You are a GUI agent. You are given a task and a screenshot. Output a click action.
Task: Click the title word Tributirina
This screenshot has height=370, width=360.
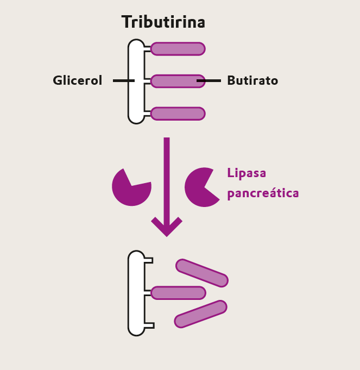[163, 22]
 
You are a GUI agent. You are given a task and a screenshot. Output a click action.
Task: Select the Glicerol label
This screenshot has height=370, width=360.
[77, 80]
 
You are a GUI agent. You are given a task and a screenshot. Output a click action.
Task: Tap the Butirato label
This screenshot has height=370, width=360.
[252, 80]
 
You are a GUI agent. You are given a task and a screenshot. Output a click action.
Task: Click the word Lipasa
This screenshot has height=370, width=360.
[247, 173]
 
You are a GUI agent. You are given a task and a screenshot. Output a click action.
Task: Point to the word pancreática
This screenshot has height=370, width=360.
[263, 193]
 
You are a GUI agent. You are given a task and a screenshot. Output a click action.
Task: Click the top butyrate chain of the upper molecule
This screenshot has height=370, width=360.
[178, 49]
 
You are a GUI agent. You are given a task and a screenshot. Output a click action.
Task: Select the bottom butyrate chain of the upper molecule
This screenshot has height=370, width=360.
[178, 114]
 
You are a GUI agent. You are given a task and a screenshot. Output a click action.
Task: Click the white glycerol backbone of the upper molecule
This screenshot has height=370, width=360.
[136, 81]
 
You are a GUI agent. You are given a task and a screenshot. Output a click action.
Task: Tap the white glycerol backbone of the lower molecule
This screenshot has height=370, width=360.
[136, 293]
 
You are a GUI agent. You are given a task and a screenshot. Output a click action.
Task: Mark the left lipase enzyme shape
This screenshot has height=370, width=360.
[130, 188]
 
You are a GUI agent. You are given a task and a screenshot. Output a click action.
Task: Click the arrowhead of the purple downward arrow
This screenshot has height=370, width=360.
[167, 227]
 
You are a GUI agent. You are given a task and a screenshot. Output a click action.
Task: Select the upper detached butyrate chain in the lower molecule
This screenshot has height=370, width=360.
[202, 273]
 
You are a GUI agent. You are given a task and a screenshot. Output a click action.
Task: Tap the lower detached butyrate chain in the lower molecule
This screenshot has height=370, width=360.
[200, 314]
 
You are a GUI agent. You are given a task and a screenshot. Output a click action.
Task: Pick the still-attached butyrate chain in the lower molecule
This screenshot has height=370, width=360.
[178, 293]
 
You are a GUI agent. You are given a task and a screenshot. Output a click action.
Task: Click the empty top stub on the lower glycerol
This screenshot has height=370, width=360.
[148, 261]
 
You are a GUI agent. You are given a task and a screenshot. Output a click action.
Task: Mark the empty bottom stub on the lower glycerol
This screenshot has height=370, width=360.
[149, 325]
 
